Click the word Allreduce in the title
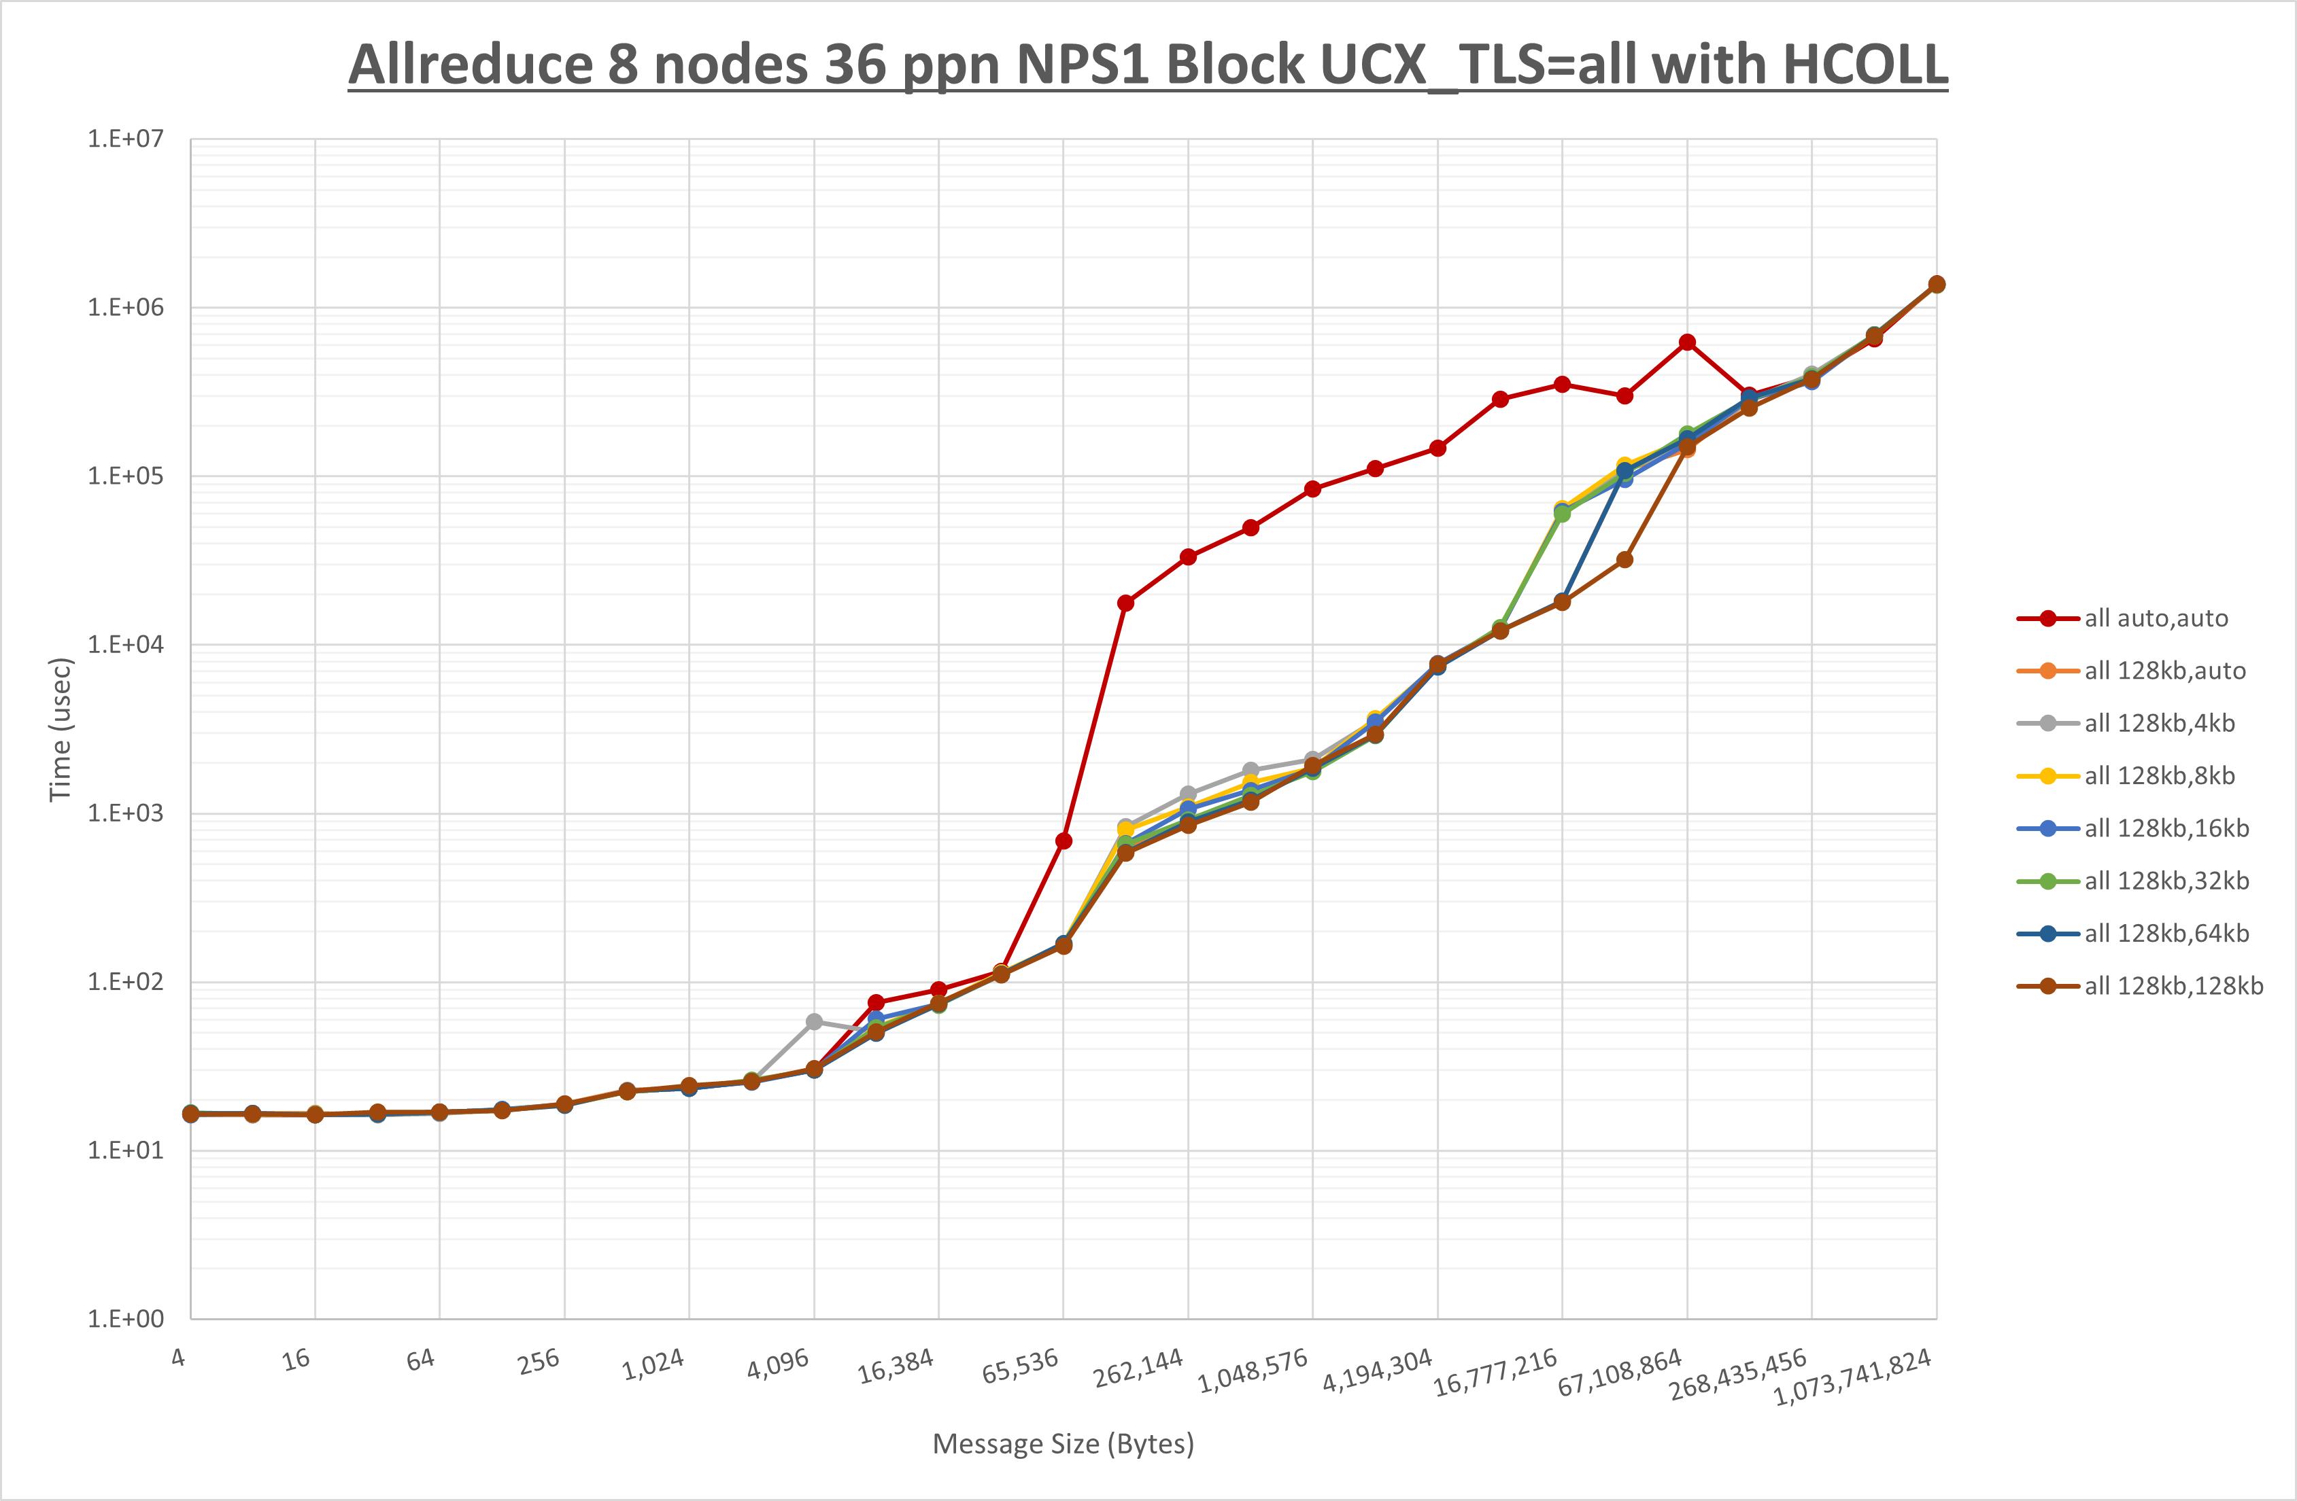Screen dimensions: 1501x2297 pos(468,65)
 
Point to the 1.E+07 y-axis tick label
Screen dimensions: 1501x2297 pos(126,139)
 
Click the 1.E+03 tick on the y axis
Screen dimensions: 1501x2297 pos(126,813)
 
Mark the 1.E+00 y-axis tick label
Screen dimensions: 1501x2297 pos(126,1319)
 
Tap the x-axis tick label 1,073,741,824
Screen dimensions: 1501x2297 pos(1852,1377)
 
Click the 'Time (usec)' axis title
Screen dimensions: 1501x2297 pos(60,729)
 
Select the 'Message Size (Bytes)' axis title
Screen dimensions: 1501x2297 pos(1063,1444)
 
